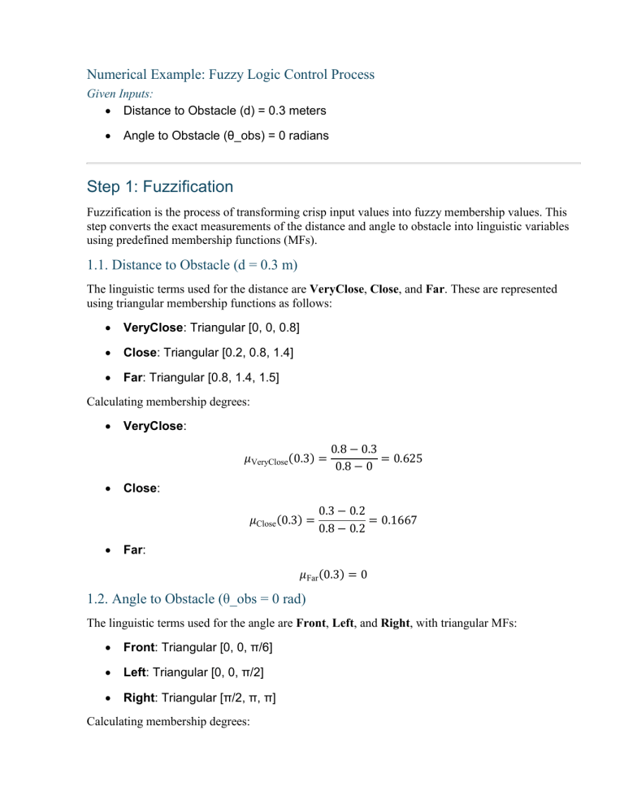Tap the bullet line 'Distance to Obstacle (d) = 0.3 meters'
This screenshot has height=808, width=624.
226,111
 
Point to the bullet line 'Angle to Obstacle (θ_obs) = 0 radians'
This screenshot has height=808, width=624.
226,136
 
